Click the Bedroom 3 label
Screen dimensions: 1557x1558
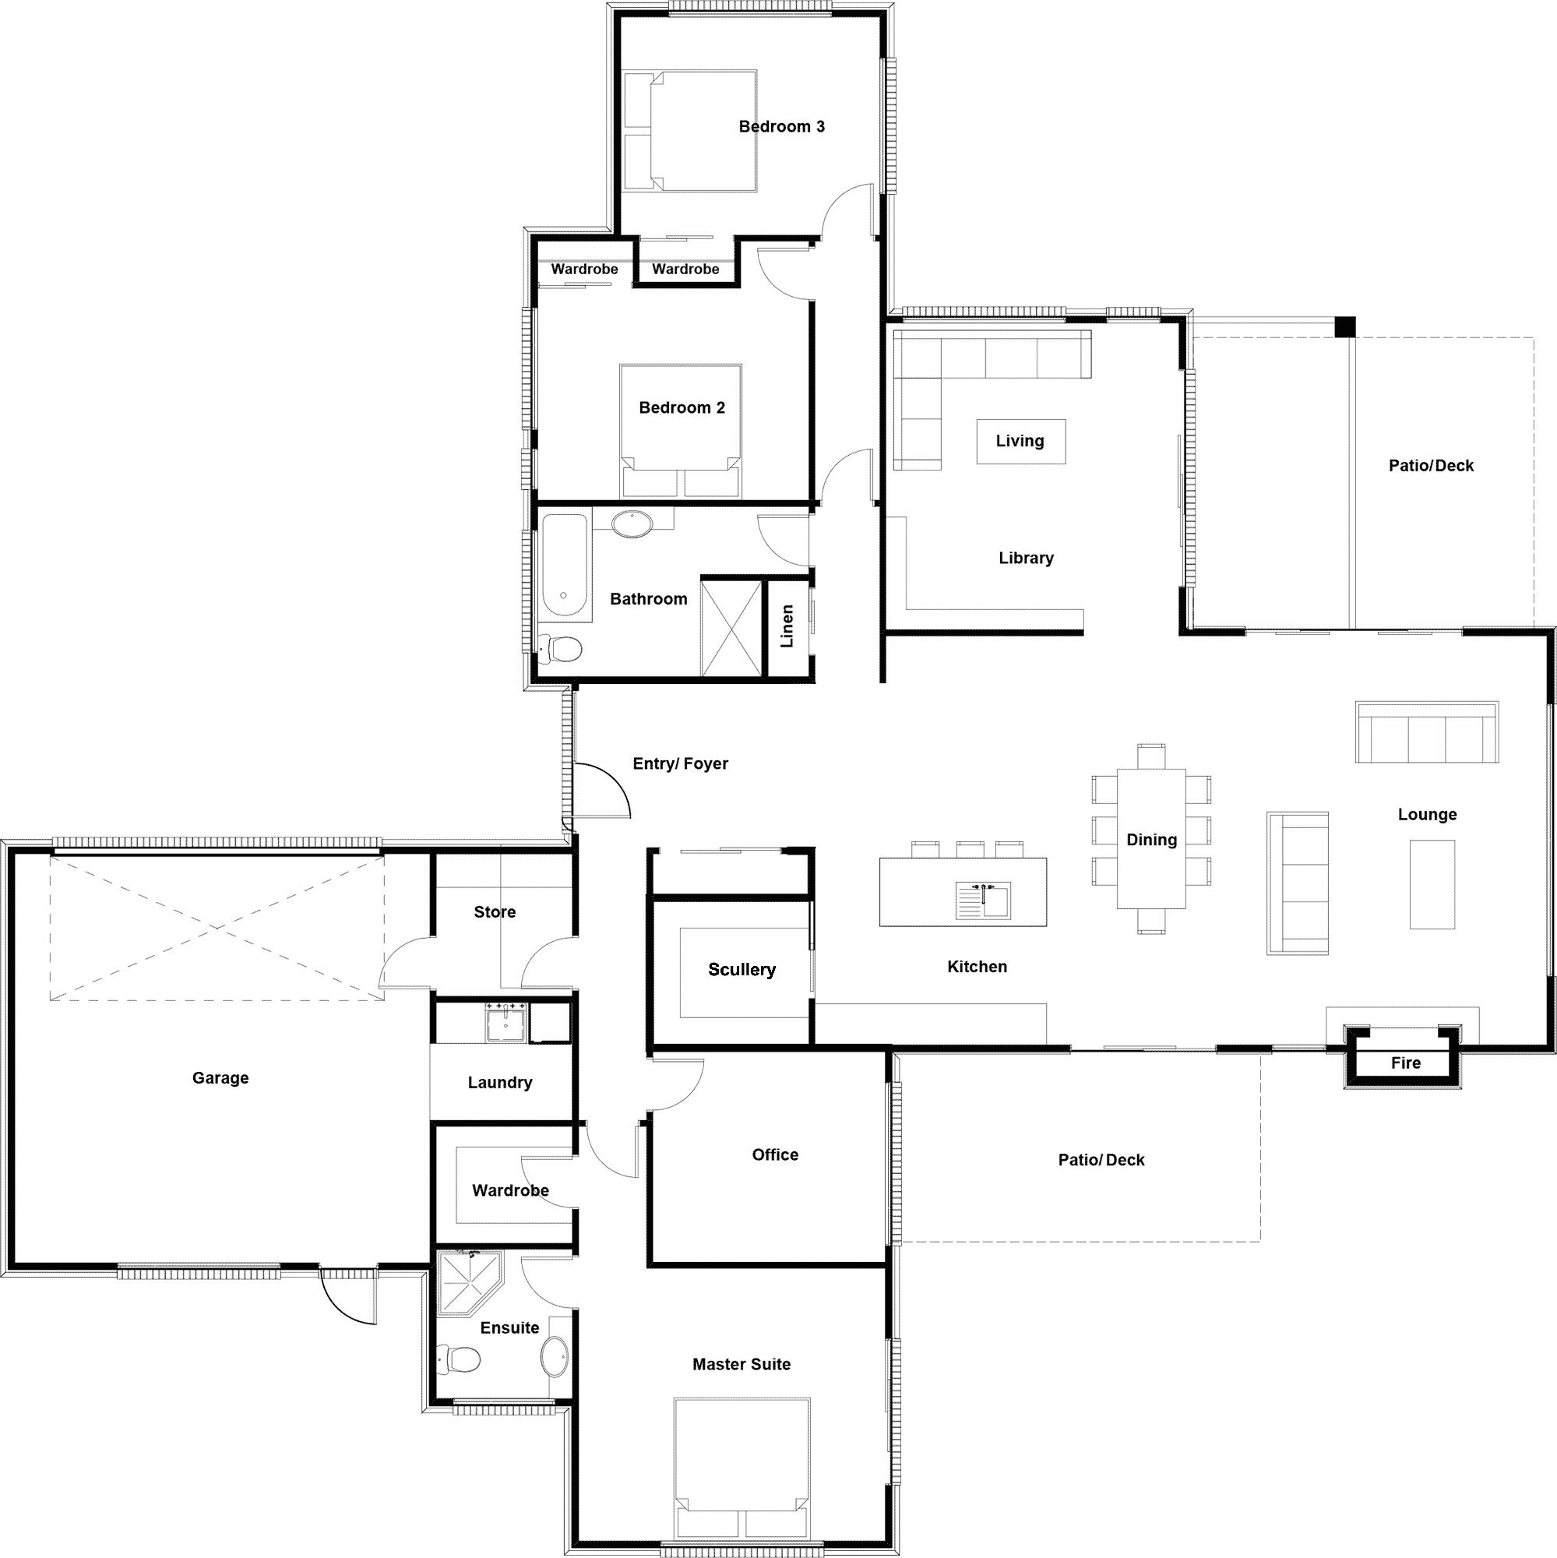(x=781, y=127)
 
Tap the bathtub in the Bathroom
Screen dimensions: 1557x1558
(x=565, y=565)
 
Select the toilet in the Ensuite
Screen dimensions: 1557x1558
(x=459, y=1359)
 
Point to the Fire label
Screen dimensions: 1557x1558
(x=1405, y=1063)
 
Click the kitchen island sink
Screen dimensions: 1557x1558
(x=983, y=900)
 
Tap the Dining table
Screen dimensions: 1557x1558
(x=1150, y=839)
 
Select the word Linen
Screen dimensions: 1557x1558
(x=787, y=626)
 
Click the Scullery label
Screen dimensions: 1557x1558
(x=742, y=969)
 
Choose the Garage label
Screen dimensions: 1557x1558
(x=220, y=1078)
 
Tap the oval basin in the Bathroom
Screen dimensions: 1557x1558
(x=632, y=524)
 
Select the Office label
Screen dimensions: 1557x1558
(x=775, y=1154)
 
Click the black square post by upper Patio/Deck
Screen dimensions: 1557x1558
(x=1345, y=326)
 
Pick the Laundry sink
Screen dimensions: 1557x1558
(x=505, y=1023)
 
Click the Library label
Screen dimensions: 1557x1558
(x=1026, y=558)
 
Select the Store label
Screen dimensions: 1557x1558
(x=495, y=912)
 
